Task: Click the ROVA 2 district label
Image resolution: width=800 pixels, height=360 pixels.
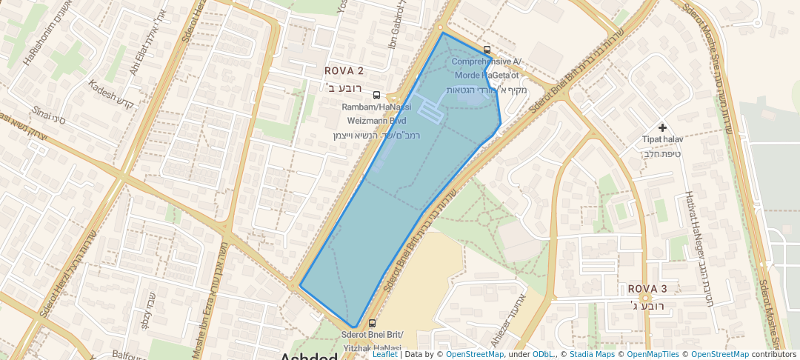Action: [344, 71]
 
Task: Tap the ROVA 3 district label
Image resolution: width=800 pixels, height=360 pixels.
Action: [647, 288]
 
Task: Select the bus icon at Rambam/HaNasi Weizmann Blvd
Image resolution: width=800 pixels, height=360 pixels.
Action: [376, 96]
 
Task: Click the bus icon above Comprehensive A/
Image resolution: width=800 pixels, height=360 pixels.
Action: [487, 50]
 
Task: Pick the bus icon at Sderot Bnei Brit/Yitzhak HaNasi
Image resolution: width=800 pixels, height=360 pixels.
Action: [372, 323]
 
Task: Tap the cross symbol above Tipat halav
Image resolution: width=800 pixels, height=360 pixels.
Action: [661, 128]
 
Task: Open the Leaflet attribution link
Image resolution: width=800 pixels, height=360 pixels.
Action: [384, 354]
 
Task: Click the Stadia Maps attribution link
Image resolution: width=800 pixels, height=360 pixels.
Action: [590, 354]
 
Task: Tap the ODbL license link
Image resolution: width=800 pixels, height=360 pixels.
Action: [543, 354]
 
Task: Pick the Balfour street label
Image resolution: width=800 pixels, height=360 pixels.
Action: [127, 356]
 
